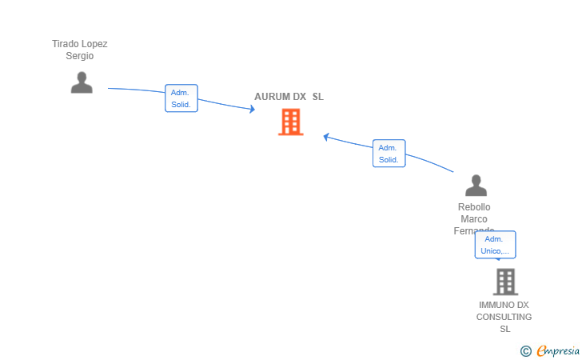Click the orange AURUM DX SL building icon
pos(290,122)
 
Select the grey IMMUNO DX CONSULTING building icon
pos(504,282)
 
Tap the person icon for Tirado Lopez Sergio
pos(81,82)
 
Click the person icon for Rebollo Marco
pos(476,186)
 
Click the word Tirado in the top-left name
pos(66,44)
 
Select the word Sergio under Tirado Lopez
pos(80,56)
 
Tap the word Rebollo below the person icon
pos(474,207)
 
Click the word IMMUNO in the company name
pos(492,305)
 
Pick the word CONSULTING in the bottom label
pos(504,317)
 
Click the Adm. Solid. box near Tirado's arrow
pos(181,98)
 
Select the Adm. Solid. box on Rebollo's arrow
pos(389,154)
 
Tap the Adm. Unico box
pos(495,245)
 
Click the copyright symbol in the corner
pos(525,350)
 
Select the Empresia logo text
pos(558,350)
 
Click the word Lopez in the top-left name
pos(94,44)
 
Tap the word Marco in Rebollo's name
pos(474,219)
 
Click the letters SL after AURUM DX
pos(317,97)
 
